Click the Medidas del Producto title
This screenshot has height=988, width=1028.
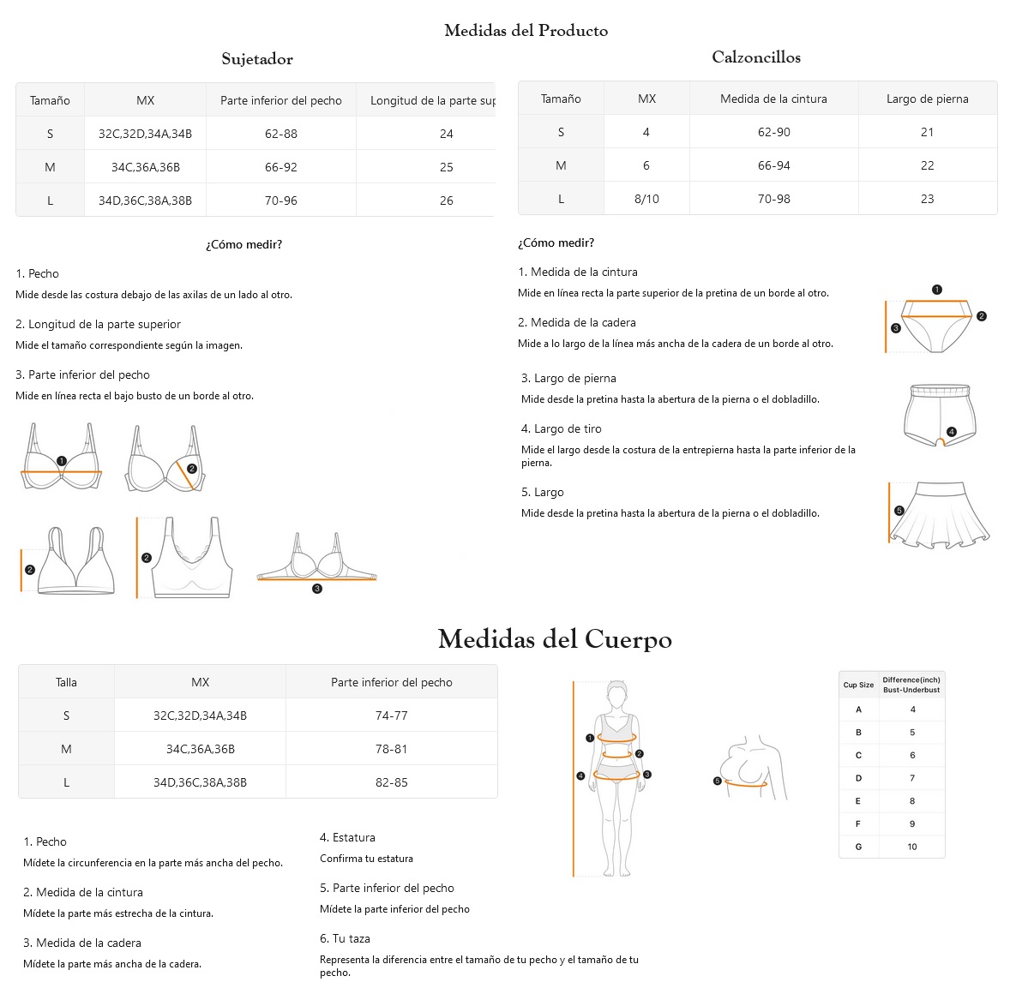point(526,31)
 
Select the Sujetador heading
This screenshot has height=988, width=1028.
point(257,59)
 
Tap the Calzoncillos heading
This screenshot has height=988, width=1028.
point(756,57)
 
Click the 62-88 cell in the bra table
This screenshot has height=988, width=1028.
point(281,134)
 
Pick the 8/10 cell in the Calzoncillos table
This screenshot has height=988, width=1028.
point(646,199)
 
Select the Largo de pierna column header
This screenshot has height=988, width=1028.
point(927,99)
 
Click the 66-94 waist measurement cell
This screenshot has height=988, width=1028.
point(773,165)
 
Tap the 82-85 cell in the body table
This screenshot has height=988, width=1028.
point(391,782)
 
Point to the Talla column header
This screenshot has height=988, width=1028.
point(66,682)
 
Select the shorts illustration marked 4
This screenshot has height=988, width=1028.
point(941,416)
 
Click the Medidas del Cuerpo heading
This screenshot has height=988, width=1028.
point(555,639)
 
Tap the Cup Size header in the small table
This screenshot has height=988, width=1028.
point(858,685)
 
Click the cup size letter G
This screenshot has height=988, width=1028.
point(858,847)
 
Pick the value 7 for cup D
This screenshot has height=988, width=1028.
point(912,778)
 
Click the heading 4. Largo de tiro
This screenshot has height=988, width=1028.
point(562,428)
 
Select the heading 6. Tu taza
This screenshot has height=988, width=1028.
point(345,938)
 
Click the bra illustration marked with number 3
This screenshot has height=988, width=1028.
point(317,562)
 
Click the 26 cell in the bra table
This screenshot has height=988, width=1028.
point(446,201)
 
